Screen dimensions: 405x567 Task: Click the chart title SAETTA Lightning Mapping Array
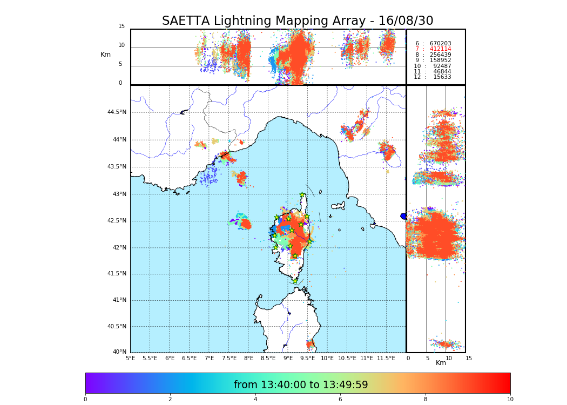tap(298, 21)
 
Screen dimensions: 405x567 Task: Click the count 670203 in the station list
tap(440, 43)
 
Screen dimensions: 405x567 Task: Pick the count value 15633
tap(442, 77)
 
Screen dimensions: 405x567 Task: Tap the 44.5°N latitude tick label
tap(117, 112)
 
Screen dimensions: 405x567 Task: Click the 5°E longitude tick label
tap(131, 358)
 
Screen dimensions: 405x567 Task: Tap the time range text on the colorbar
tap(301, 385)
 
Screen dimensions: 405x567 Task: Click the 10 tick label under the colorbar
tap(510, 400)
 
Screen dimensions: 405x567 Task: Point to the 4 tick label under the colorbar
tap(255, 400)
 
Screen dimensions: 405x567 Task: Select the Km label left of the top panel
tap(106, 55)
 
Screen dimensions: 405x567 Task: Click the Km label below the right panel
tap(441, 363)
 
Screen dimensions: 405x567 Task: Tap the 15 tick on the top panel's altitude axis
tap(122, 26)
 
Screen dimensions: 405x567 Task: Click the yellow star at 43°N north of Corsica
tap(302, 195)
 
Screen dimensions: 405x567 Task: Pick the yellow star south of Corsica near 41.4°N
tap(295, 281)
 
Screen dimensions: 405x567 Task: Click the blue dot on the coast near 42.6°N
tap(403, 216)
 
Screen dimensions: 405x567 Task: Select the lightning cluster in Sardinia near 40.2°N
tap(310, 344)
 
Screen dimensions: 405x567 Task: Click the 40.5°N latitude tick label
tap(117, 327)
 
